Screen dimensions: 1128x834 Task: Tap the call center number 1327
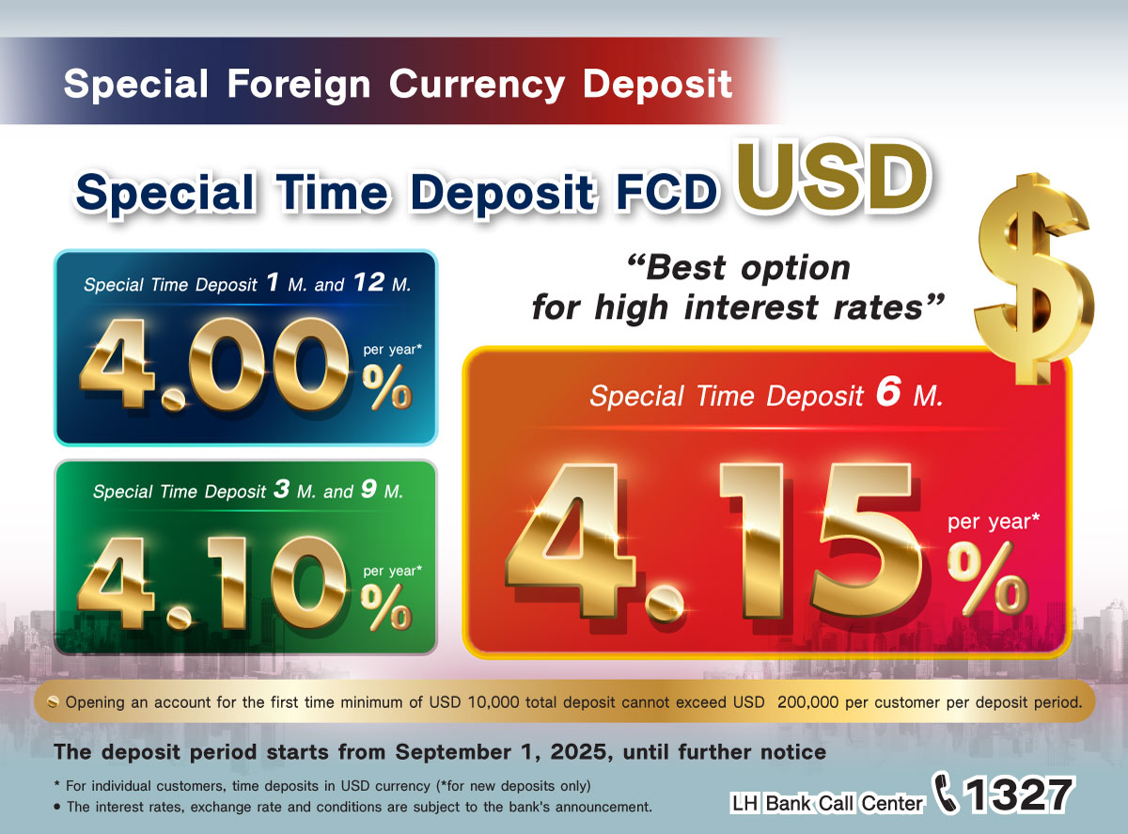pyautogui.click(x=1019, y=795)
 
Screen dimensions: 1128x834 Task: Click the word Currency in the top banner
pyautogui.click(x=477, y=85)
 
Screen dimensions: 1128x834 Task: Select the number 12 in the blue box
pyautogui.click(x=368, y=282)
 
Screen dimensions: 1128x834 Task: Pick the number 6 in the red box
pyautogui.click(x=888, y=392)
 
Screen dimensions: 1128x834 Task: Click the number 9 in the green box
pyautogui.click(x=368, y=489)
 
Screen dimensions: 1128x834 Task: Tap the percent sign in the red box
pyautogui.click(x=987, y=579)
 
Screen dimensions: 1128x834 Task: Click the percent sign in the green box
pyautogui.click(x=386, y=606)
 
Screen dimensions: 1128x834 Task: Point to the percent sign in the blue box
pyautogui.click(x=386, y=386)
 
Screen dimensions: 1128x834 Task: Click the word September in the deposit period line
pyautogui.click(x=453, y=752)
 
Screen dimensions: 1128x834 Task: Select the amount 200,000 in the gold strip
pyautogui.click(x=808, y=702)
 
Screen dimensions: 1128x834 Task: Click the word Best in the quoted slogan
pyautogui.click(x=685, y=268)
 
